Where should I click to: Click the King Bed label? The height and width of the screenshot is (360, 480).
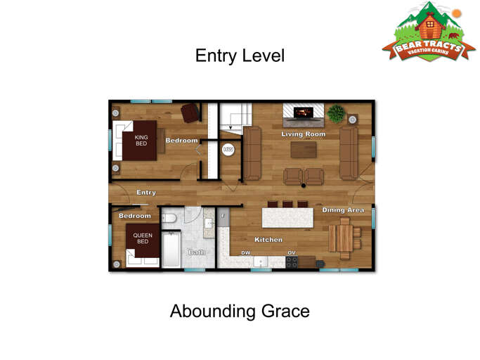141,140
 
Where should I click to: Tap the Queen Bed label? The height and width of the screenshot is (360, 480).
143,238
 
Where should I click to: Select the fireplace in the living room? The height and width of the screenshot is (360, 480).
303,112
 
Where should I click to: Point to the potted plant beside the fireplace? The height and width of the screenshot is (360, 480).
335,112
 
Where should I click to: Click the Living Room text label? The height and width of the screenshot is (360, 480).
303,134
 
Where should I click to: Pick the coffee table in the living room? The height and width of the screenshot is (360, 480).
304,150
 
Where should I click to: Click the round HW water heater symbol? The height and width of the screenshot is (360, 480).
228,150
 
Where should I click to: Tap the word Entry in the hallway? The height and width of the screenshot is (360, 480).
146,192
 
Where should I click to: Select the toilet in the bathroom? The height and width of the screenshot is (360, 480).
169,219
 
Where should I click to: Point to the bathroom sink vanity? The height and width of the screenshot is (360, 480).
209,225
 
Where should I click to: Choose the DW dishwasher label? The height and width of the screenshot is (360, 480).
245,252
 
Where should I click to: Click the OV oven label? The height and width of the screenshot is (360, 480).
290,252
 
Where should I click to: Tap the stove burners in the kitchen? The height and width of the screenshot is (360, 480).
291,262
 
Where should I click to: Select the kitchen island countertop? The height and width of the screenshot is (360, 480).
287,217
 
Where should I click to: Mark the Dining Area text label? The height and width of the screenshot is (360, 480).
343,210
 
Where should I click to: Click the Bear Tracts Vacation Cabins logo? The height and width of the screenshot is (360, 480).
428,32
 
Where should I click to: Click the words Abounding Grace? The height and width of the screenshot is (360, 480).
240,311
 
